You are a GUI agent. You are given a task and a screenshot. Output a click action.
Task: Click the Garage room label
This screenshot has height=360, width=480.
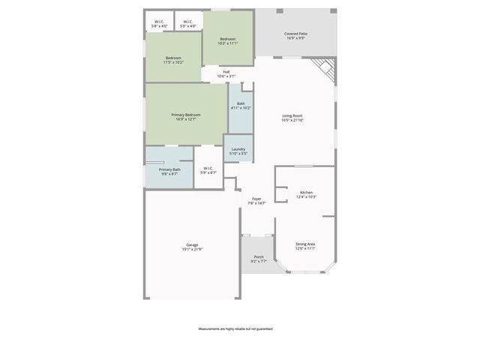(192, 244)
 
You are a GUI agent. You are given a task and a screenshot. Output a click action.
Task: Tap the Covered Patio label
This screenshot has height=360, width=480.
(295, 34)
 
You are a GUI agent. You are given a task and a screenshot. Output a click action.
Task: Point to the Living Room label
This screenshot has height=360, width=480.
(292, 115)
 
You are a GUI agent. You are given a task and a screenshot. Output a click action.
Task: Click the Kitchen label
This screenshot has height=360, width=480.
(306, 193)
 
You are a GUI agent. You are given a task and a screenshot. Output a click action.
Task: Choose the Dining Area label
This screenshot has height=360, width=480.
(305, 244)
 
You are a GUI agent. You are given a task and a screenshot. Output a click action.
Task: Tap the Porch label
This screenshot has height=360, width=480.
(258, 256)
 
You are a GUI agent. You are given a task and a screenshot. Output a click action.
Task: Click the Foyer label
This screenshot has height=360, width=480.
(256, 199)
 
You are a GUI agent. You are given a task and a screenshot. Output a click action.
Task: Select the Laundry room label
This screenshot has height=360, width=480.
(238, 149)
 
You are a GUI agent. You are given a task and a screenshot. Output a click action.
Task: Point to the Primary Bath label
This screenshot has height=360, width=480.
(169, 169)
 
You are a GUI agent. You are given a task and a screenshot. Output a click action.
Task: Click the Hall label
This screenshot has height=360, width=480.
(226, 72)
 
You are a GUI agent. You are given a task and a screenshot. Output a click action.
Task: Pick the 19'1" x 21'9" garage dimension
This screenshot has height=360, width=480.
(192, 249)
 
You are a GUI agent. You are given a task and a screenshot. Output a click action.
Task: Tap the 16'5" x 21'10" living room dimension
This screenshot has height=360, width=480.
(292, 120)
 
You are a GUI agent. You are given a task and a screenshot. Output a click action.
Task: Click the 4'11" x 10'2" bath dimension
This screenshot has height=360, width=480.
(241, 108)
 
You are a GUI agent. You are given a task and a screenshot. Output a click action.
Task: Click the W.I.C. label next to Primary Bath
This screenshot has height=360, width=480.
(208, 169)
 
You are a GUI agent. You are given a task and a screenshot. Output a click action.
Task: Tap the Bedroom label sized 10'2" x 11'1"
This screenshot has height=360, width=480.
(227, 39)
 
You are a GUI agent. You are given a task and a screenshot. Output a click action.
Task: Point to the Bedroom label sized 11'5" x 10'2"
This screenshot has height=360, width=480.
(173, 58)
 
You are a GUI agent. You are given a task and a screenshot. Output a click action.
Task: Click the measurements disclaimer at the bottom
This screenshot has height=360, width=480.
(235, 329)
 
